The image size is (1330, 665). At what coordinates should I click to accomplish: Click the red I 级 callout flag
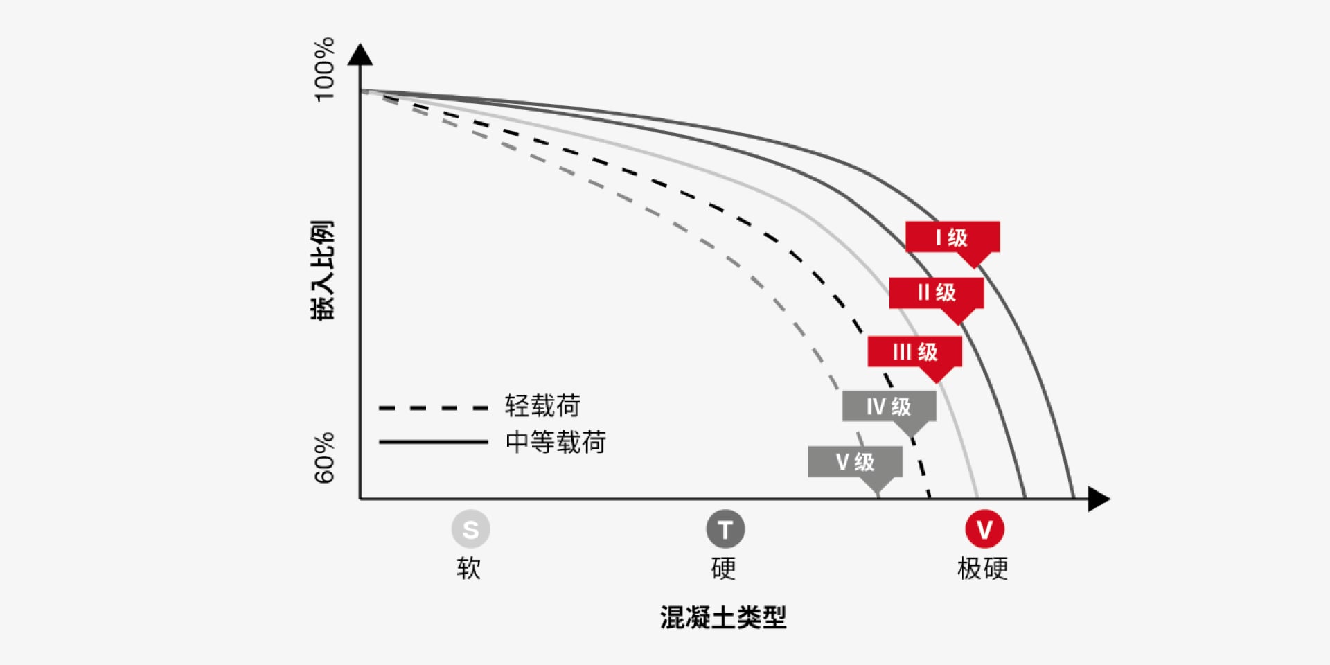click(952, 238)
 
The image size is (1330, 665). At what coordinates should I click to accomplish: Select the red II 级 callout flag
click(936, 293)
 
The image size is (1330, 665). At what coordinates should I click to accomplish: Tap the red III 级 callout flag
click(914, 352)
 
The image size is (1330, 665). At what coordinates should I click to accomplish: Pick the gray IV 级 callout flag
click(889, 406)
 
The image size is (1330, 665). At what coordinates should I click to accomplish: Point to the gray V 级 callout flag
click(855, 461)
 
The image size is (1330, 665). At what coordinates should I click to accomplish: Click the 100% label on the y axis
click(324, 69)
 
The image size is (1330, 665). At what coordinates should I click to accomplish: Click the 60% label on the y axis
click(324, 458)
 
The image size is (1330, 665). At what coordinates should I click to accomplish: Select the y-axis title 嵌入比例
click(322, 270)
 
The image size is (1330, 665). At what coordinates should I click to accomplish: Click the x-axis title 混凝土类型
click(723, 617)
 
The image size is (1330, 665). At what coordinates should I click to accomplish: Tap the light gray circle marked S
click(470, 529)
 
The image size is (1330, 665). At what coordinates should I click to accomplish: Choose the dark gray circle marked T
click(725, 529)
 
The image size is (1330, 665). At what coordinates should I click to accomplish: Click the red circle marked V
click(984, 529)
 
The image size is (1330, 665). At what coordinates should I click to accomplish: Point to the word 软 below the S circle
click(469, 568)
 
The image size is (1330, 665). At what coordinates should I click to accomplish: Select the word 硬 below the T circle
click(724, 568)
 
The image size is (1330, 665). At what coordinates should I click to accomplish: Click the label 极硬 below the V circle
click(982, 568)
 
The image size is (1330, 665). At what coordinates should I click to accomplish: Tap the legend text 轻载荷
click(542, 406)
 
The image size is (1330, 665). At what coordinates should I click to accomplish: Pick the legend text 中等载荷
click(556, 442)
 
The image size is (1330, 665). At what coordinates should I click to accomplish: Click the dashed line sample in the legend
click(434, 408)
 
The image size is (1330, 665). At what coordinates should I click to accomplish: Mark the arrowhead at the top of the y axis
click(360, 55)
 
